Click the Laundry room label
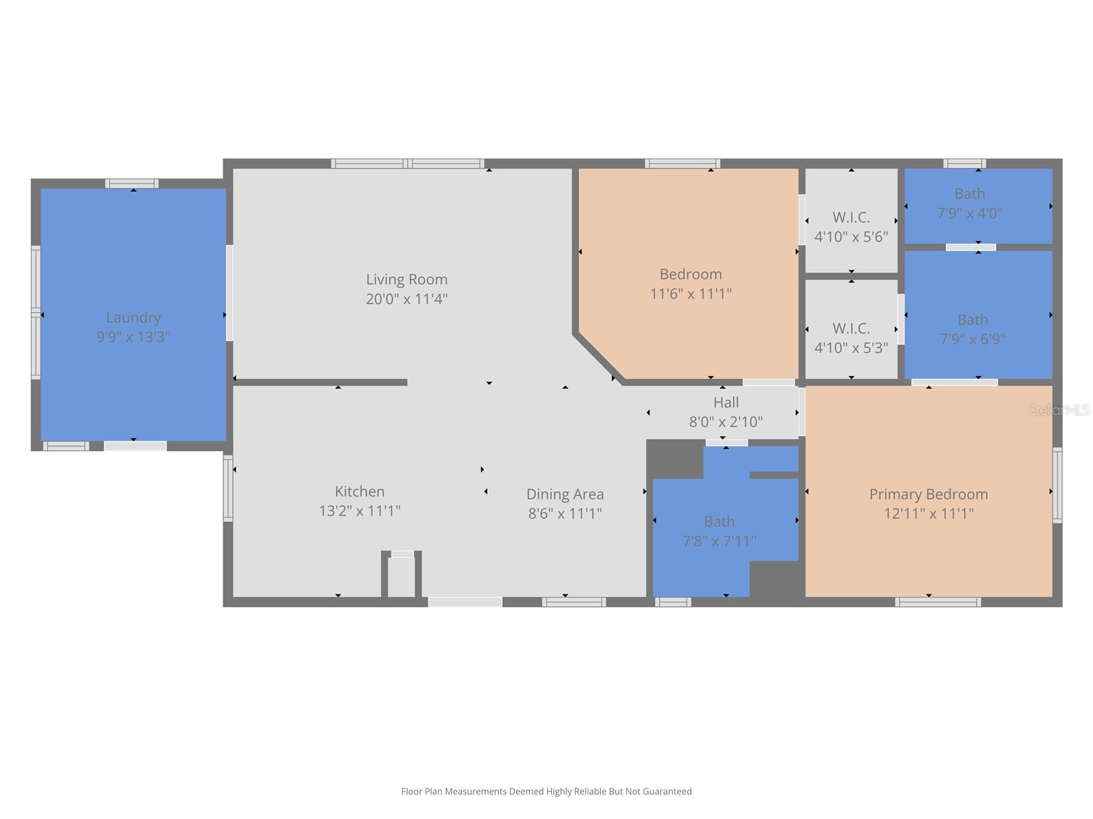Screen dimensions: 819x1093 [133, 317]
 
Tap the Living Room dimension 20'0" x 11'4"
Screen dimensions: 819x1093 [406, 299]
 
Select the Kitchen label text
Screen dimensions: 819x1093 [359, 491]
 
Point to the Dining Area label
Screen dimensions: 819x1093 [564, 494]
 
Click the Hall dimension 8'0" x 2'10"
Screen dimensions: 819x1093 [725, 422]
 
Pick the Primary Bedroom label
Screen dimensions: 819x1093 [928, 494]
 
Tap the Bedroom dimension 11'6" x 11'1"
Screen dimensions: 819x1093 [691, 294]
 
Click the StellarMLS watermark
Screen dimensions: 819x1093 [1059, 410]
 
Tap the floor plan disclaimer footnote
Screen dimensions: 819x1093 [546, 792]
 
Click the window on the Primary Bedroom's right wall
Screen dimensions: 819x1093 [1057, 485]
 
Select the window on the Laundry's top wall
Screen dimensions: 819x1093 [132, 184]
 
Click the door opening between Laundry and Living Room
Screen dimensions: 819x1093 [230, 293]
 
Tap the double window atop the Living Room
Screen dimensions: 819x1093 [408, 164]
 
